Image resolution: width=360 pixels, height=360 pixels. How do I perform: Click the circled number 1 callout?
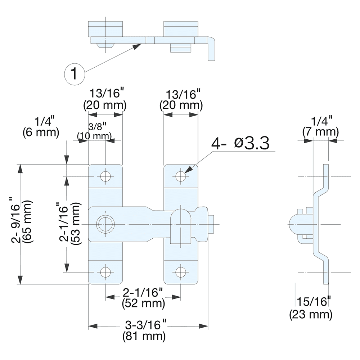(x=74, y=74)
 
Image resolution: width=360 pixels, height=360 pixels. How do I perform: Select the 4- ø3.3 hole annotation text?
(x=240, y=144)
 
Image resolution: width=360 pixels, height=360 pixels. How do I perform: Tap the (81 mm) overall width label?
(x=144, y=337)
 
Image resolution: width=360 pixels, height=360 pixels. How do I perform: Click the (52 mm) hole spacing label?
(x=144, y=303)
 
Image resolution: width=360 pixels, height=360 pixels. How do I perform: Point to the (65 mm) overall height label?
(x=27, y=224)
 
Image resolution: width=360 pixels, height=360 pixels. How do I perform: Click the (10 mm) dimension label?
(x=94, y=136)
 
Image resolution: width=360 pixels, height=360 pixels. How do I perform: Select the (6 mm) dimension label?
(x=40, y=132)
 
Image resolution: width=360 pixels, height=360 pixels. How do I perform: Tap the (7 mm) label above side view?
(x=320, y=132)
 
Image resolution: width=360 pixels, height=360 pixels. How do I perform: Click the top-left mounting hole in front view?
(x=105, y=176)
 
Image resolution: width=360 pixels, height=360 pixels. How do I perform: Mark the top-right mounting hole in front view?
(x=181, y=176)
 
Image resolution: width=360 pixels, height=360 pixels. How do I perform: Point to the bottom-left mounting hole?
(x=105, y=272)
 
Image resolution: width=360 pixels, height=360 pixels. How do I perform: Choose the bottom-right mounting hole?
(x=181, y=272)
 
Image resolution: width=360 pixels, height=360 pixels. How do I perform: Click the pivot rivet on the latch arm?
(x=105, y=224)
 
